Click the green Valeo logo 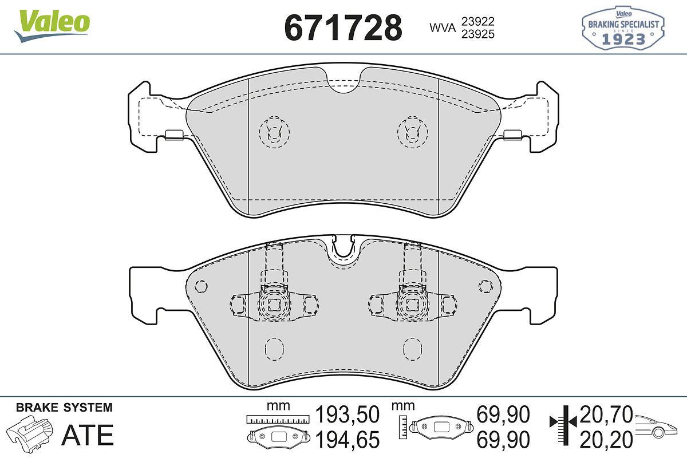point(52,26)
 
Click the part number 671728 point(343,28)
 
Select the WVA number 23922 point(478,22)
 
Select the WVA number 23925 point(478,34)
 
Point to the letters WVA point(443,28)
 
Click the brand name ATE point(88,435)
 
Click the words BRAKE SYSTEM point(64,408)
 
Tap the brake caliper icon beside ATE point(29,434)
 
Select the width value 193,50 point(347,414)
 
